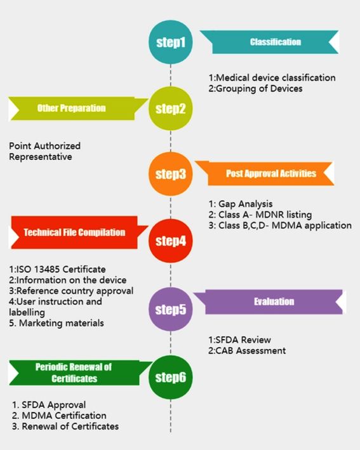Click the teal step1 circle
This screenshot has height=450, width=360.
click(x=171, y=42)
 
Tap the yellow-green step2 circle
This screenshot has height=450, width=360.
click(x=171, y=109)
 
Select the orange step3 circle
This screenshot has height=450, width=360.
click(x=171, y=174)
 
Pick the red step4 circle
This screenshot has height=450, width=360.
click(x=171, y=241)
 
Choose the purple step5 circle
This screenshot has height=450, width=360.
click(x=171, y=309)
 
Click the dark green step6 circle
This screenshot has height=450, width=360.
click(x=171, y=377)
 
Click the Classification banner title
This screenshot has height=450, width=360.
click(x=276, y=42)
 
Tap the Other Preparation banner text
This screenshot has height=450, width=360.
click(x=72, y=108)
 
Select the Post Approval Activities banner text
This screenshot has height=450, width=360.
click(x=271, y=173)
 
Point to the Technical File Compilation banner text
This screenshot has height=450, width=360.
click(x=74, y=232)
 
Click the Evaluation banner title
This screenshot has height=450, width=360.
click(x=274, y=301)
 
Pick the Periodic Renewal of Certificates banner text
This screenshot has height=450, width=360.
click(x=74, y=373)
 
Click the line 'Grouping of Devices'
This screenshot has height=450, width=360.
click(x=255, y=88)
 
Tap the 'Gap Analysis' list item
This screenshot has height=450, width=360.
click(x=241, y=204)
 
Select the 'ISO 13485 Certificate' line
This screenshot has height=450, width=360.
click(x=57, y=270)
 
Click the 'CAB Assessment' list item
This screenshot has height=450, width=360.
click(x=247, y=351)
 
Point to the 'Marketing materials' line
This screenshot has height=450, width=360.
click(x=57, y=323)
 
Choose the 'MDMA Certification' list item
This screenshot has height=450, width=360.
click(x=59, y=416)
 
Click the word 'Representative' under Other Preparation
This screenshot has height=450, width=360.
click(x=41, y=157)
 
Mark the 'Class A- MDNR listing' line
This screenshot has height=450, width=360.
click(x=260, y=215)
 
